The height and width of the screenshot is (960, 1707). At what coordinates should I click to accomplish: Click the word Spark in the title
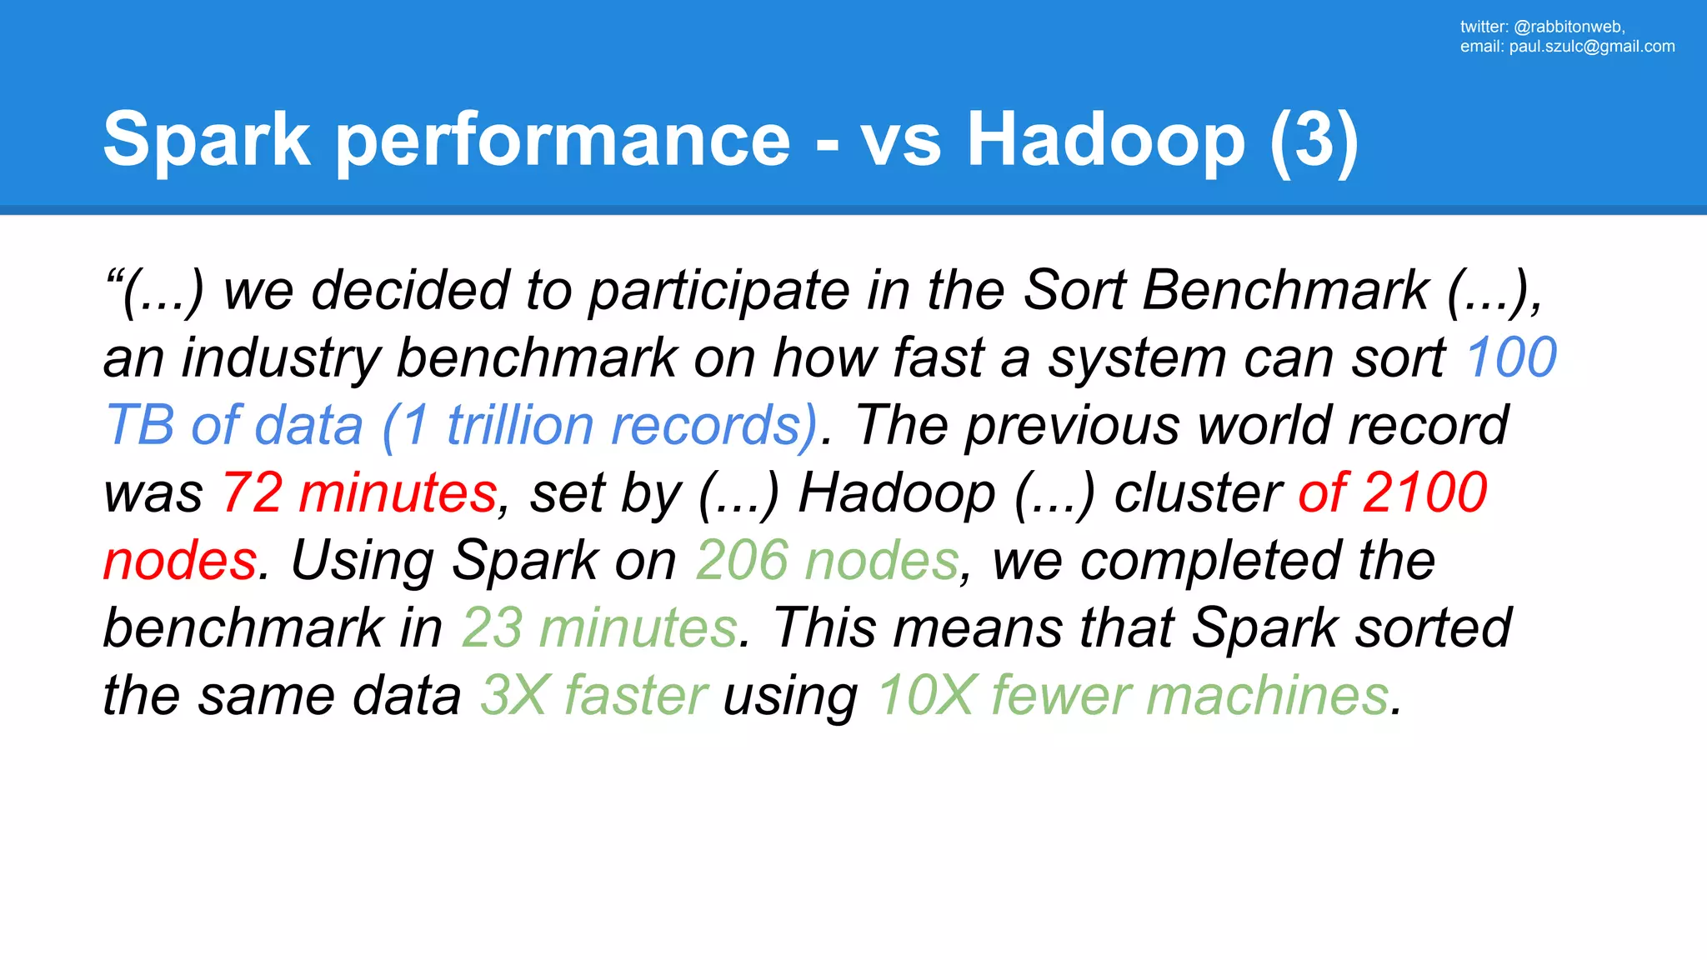[206, 140]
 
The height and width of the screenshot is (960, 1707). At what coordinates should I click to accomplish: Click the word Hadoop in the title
[1105, 140]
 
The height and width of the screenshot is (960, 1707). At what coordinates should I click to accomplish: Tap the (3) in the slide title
[1314, 140]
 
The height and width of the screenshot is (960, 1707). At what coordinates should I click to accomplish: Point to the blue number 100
[1511, 357]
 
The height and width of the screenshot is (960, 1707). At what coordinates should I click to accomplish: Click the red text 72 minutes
[359, 492]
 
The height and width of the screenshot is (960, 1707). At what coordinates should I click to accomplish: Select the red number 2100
[1425, 492]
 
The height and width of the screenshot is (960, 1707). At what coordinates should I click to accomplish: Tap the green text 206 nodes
[827, 560]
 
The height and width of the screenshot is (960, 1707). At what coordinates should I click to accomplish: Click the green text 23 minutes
[599, 627]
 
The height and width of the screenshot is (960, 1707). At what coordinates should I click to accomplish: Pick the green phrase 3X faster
[593, 695]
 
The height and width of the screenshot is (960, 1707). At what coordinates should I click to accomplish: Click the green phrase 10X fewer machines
[1133, 695]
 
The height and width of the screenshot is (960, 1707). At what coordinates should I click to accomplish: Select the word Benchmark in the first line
[1285, 290]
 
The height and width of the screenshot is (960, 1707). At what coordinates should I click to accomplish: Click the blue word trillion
[519, 425]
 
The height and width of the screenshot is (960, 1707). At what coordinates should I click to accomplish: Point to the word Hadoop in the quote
[897, 492]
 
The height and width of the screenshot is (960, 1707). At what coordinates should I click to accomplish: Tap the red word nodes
[180, 560]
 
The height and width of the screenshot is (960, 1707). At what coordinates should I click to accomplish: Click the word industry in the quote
[280, 357]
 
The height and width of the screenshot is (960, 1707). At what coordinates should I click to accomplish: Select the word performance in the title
[563, 140]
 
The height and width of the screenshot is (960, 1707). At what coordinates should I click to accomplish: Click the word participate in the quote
[718, 292]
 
